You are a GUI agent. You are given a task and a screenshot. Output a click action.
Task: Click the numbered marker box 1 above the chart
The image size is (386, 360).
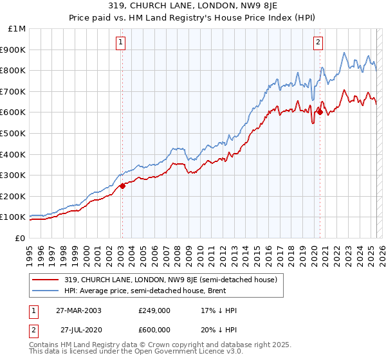pos(120,43)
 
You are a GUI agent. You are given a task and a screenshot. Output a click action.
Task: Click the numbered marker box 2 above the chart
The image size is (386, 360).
pos(318,43)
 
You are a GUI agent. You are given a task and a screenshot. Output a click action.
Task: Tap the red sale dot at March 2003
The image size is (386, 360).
pos(122,186)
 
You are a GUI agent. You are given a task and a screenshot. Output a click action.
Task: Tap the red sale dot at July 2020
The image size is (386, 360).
pos(320,112)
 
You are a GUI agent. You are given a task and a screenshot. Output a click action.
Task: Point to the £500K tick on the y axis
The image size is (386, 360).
pos(13,133)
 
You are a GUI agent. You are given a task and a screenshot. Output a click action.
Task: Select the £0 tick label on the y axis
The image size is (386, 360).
pos(21,238)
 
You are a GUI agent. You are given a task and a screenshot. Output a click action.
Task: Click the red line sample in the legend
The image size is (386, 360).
pos(46,280)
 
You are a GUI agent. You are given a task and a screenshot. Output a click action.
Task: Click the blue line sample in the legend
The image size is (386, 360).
pos(46,291)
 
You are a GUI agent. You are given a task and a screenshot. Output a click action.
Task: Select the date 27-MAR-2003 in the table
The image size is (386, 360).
pos(77,310)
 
